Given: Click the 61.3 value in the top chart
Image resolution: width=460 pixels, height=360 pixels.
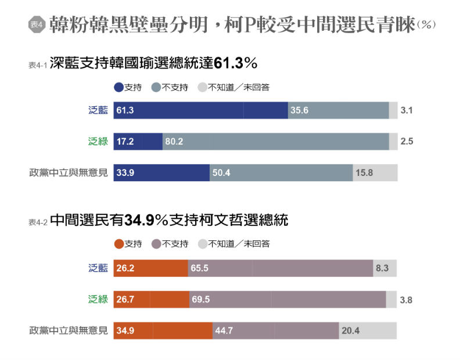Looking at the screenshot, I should (125, 110).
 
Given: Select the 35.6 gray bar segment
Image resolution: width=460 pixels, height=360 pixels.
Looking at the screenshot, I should (338, 110).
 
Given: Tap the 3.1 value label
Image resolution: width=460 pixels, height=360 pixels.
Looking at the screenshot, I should (407, 110).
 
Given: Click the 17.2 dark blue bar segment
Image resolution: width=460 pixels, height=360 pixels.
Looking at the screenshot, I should (138, 141).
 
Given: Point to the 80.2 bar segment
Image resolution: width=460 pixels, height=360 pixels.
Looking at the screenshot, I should (275, 141).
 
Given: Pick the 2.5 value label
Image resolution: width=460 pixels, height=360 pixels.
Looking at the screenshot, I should (407, 141).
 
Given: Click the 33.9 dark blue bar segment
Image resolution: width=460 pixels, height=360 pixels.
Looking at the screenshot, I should (161, 172).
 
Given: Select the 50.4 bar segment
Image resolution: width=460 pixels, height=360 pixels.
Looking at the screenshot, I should (281, 172).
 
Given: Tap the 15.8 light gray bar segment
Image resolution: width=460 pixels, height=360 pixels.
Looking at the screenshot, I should (375, 172).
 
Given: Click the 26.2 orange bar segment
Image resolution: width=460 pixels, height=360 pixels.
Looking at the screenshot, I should (150, 268).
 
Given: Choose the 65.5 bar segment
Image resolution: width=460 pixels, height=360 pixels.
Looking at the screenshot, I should (280, 268).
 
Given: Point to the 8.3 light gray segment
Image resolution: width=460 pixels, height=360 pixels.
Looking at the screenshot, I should (384, 268).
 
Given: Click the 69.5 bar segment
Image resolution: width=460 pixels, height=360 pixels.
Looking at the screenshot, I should (287, 300).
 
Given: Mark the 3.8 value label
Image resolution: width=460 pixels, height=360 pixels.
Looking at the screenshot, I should (407, 300).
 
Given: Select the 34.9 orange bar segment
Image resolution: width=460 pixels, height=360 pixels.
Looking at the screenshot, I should (163, 331).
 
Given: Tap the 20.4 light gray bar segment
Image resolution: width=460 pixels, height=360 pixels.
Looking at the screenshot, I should (368, 331).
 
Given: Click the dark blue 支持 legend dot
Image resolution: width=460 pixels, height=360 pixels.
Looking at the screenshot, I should (119, 88).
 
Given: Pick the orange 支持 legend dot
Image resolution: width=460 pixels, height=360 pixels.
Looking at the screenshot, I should (119, 244).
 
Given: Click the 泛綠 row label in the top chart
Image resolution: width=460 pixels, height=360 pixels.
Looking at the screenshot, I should (98, 141).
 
